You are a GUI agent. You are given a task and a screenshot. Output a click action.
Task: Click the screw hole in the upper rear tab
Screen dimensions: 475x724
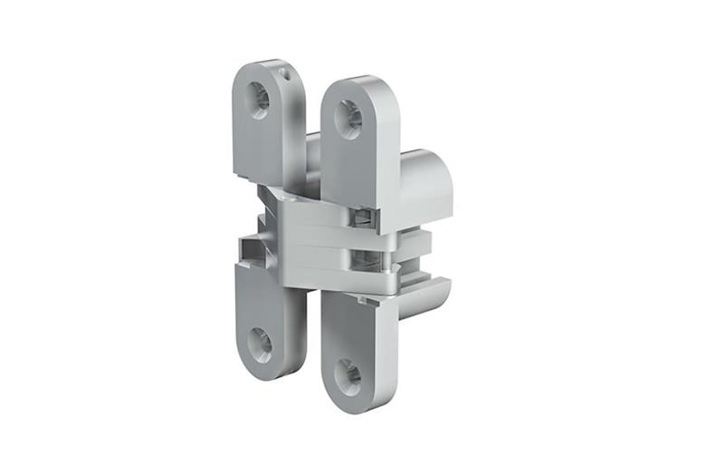(260, 95)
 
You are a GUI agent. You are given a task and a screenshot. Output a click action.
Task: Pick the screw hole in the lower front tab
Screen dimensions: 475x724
(348, 373)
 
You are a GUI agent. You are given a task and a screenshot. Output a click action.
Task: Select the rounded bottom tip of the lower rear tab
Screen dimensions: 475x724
(258, 373)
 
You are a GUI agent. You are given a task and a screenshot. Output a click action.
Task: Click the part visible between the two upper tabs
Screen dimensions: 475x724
(312, 154)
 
